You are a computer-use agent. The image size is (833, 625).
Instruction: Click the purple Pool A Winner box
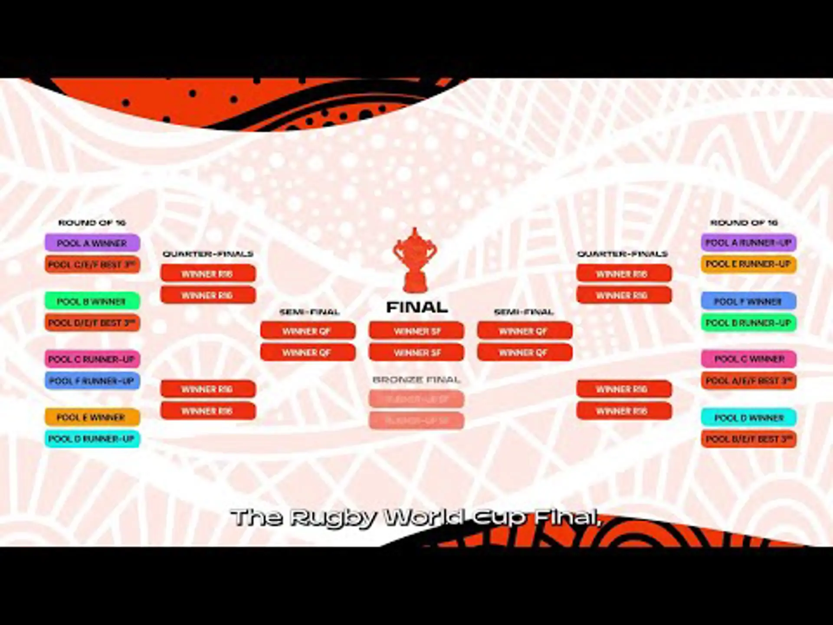click(92, 243)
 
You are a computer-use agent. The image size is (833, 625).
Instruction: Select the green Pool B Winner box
click(92, 301)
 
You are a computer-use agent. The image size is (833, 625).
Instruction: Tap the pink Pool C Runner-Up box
click(92, 359)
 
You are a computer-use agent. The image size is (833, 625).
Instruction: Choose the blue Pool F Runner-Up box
click(92, 381)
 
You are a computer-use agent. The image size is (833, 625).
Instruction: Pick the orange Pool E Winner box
click(92, 418)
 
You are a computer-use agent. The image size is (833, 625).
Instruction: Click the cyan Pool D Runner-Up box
click(92, 439)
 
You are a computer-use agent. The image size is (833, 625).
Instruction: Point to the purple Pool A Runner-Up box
click(748, 243)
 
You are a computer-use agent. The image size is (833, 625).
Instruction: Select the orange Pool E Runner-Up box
click(748, 264)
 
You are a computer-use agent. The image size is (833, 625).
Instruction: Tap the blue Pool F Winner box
click(748, 301)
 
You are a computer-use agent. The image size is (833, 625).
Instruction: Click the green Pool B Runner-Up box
click(748, 323)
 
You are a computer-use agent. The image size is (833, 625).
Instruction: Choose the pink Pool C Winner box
click(748, 359)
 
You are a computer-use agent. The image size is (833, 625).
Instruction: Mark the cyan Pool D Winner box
click(748, 418)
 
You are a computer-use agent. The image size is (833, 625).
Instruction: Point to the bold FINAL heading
click(416, 307)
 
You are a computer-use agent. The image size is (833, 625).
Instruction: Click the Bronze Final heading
click(416, 380)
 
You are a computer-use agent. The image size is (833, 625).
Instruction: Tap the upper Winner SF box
click(416, 331)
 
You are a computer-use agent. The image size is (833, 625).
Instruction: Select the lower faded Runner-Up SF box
click(416, 421)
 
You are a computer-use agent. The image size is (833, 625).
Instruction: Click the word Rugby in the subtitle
click(333, 517)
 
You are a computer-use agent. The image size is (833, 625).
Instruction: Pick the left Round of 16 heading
click(92, 223)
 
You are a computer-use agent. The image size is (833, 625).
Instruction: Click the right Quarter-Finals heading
click(622, 254)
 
